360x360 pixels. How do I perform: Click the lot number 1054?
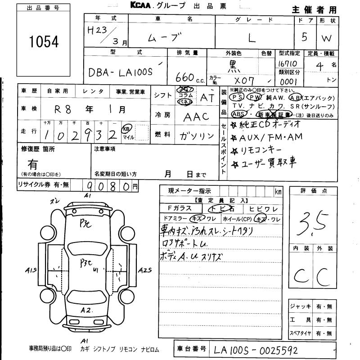tap(44, 41)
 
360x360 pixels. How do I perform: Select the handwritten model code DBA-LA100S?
tap(121, 72)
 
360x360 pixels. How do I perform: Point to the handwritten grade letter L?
tap(252, 39)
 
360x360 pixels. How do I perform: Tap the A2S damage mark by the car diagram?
tap(145, 270)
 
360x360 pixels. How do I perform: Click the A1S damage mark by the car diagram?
tap(31, 270)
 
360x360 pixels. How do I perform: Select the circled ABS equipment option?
tap(240, 114)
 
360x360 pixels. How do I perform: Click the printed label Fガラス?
tap(179, 208)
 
